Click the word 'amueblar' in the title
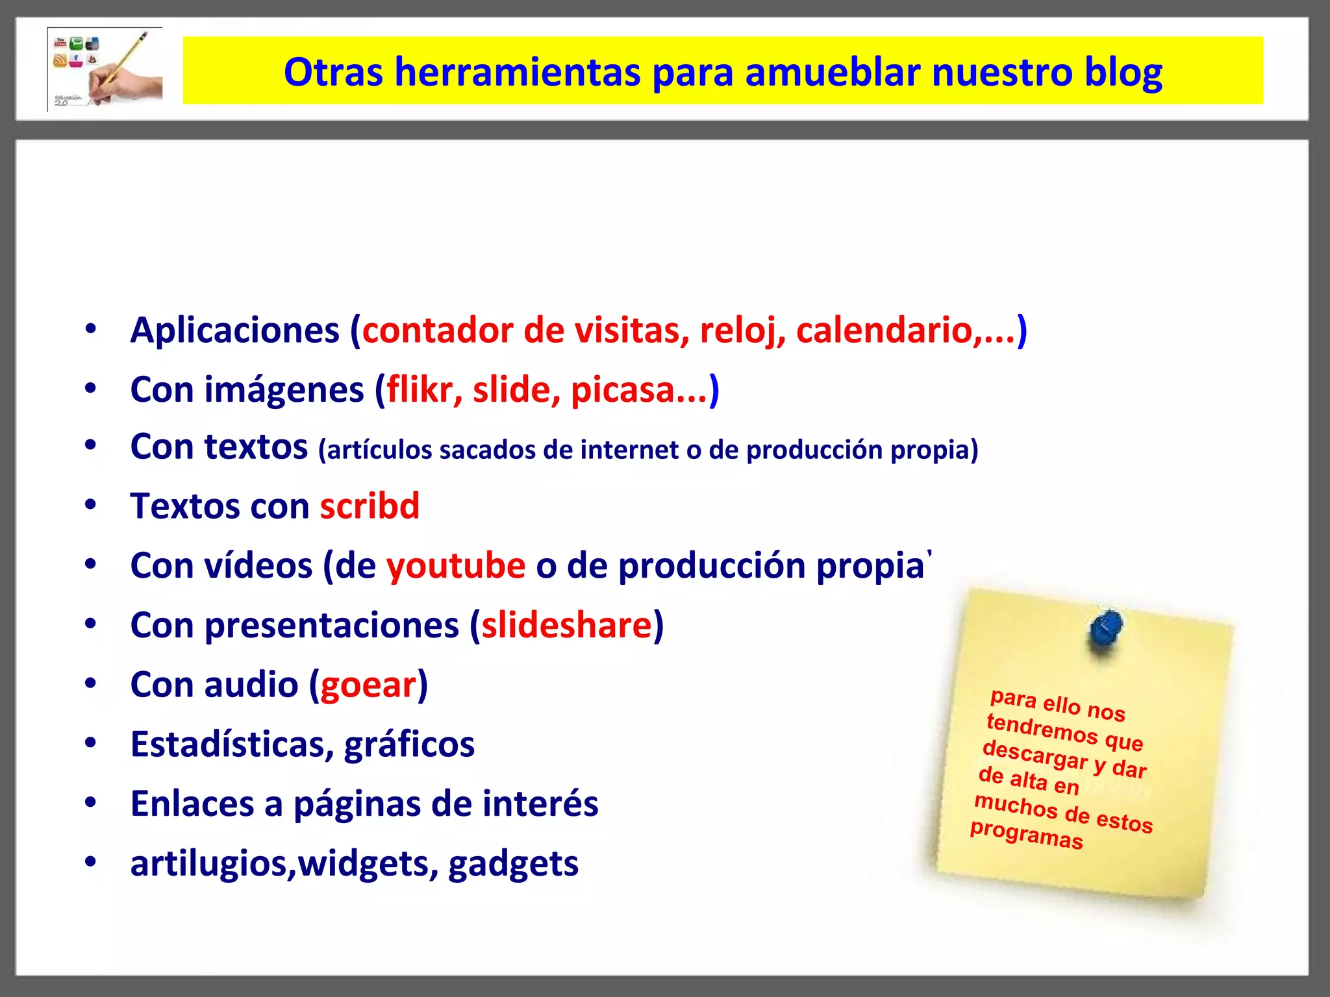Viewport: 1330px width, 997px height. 832,72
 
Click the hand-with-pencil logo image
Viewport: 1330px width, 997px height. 105,69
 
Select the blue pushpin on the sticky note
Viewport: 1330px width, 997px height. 1105,630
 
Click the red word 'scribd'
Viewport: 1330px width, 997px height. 370,506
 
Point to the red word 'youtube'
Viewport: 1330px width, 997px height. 455,566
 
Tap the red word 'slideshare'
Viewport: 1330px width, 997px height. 566,625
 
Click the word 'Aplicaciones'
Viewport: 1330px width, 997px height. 234,330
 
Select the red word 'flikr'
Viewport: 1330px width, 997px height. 420,389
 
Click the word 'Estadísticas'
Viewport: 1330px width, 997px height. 232,745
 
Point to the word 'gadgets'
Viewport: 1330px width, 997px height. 513,864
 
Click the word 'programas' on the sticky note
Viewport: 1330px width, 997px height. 1026,835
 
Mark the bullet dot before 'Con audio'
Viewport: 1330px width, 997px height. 90,683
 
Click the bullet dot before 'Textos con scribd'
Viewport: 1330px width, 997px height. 90,504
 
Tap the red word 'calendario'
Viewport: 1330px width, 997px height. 885,330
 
